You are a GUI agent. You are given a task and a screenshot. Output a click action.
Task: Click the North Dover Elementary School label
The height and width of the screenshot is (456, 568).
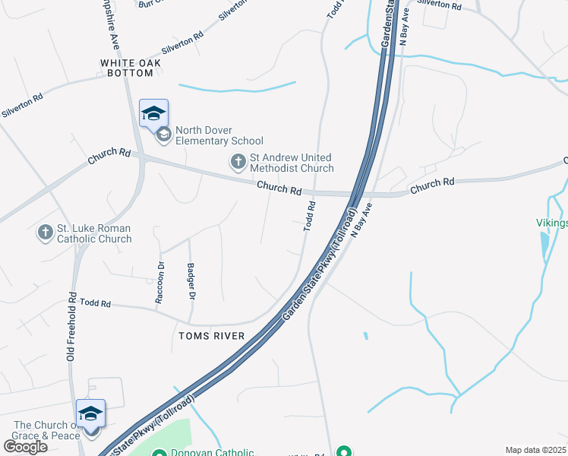point(219,135)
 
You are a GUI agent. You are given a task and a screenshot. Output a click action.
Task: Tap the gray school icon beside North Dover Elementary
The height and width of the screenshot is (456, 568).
point(163,135)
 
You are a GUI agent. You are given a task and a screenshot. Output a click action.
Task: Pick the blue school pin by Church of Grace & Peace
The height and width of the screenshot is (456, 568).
point(90,414)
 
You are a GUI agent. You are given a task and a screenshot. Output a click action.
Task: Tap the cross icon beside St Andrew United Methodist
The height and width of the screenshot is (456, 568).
point(238,161)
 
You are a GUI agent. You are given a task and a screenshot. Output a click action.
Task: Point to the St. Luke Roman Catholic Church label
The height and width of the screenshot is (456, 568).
point(95,233)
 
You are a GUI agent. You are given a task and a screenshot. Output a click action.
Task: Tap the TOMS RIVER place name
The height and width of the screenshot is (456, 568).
point(211,336)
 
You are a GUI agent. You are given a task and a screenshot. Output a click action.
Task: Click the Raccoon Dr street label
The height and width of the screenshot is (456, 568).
point(160,283)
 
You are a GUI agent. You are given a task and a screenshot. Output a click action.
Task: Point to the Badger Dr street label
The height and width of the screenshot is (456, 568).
point(191,281)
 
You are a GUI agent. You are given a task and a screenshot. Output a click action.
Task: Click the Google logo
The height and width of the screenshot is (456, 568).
point(25,446)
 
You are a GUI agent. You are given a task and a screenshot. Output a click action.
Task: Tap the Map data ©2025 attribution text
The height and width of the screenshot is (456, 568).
point(535,450)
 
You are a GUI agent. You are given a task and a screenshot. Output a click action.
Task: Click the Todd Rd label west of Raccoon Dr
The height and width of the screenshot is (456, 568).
point(96,303)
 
